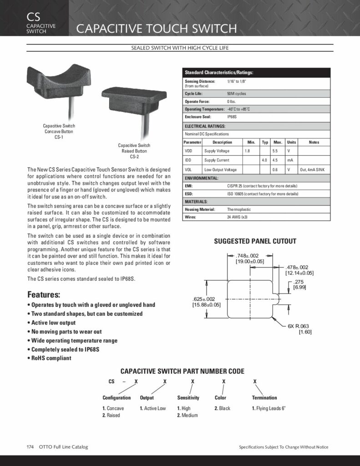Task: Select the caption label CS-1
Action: [59, 137]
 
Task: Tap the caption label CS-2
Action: [134, 157]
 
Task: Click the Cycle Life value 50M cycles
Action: [237, 93]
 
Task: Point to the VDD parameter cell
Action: [188, 151]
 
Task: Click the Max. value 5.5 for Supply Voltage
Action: [275, 151]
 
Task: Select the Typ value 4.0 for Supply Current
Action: [264, 160]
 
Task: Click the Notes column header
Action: [314, 142]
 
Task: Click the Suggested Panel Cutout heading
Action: [255, 241]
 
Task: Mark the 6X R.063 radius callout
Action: [298, 326]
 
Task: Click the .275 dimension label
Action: [299, 282]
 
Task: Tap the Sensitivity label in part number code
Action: [188, 398]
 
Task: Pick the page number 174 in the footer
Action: [30, 447]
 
